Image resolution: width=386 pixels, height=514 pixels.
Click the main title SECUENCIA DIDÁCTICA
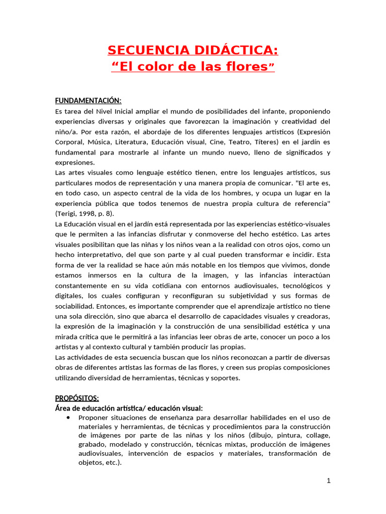pyautogui.click(x=192, y=50)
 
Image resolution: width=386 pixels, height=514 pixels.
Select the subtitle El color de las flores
pyautogui.click(x=192, y=67)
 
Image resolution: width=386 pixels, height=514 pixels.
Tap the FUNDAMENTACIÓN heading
pyautogui.click(x=88, y=101)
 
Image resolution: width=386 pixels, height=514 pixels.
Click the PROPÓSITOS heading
pyautogui.click(x=77, y=398)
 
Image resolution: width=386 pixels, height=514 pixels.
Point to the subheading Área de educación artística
pyautogui.click(x=129, y=408)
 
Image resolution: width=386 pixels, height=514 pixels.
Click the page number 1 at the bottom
pyautogui.click(x=329, y=481)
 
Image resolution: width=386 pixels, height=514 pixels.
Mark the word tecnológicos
pyautogui.click(x=301, y=286)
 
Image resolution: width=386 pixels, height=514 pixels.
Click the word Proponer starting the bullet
pyautogui.click(x=94, y=418)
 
